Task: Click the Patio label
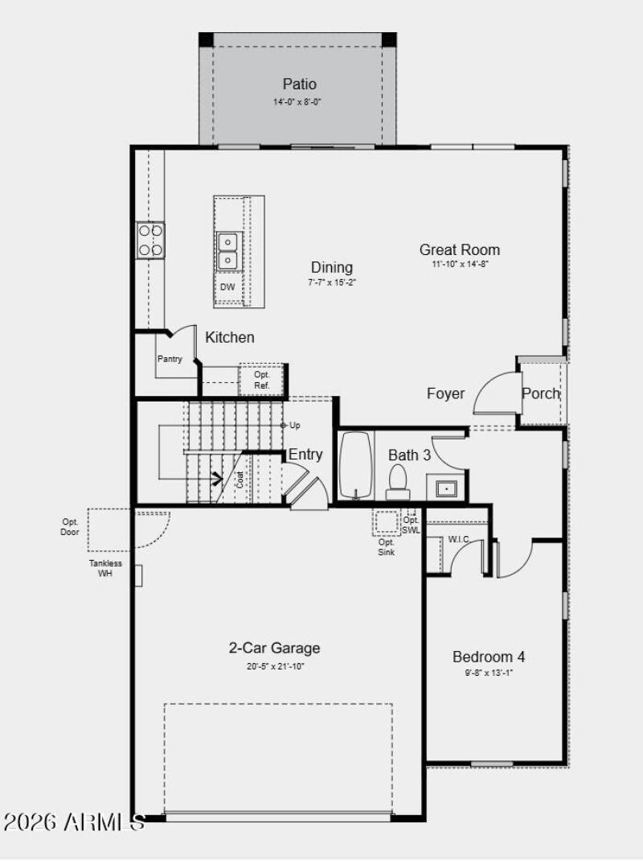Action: [x=299, y=84]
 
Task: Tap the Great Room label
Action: [x=459, y=249]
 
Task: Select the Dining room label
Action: [x=332, y=267]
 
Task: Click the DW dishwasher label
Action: [x=227, y=287]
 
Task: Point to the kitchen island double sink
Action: [x=227, y=250]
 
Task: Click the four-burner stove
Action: [x=151, y=240]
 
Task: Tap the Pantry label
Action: [x=170, y=359]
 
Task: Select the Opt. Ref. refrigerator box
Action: [x=262, y=380]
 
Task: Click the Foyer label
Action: [x=445, y=393]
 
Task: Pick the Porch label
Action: [x=541, y=393]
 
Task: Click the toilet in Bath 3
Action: [x=398, y=483]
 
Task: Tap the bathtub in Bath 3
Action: [x=355, y=467]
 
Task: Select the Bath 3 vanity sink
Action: [x=445, y=488]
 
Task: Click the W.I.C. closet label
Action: [x=459, y=539]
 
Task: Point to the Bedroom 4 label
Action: [x=489, y=657]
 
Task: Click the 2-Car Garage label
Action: [x=275, y=648]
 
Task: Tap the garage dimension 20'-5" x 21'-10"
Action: [x=276, y=666]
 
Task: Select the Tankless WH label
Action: [x=105, y=568]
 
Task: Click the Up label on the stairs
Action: [x=295, y=425]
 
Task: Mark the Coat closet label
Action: [x=240, y=480]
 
